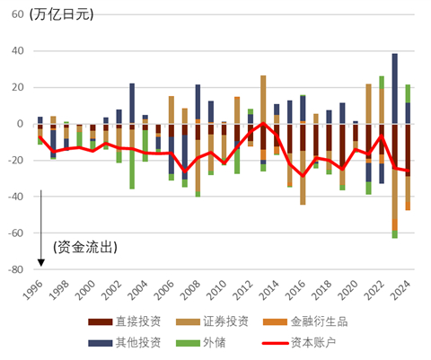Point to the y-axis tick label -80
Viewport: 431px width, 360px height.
pos(14,268)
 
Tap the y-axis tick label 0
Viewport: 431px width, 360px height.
pos(22,124)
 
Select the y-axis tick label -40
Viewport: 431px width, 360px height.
pos(14,197)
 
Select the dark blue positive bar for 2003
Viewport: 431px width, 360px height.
pos(133,103)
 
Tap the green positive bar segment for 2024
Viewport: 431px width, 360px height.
pos(408,93)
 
